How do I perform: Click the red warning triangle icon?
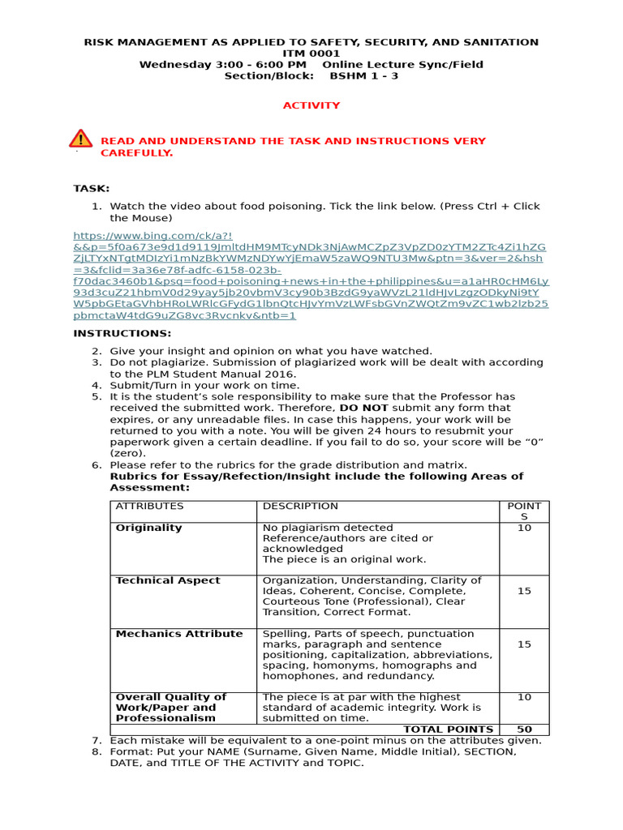tap(81, 139)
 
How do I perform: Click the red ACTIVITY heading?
tap(311, 105)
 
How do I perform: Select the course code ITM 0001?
tap(311, 53)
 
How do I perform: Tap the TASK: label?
tap(91, 188)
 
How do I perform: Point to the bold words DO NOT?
tap(363, 408)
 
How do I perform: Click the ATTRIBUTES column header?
tap(150, 506)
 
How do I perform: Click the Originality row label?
tap(149, 528)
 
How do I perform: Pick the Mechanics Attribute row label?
tap(179, 634)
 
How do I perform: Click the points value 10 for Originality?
tap(524, 528)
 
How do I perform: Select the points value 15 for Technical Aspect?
tap(524, 591)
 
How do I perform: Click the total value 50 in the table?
tap(524, 729)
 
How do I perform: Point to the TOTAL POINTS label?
tap(448, 729)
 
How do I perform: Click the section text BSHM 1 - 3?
tap(363, 76)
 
